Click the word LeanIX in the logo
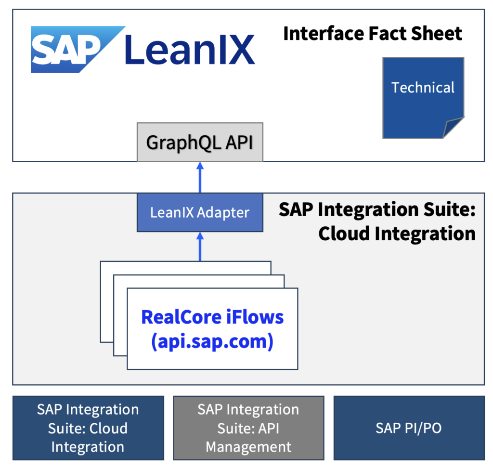189,50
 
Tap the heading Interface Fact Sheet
372,34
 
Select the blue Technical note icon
423,96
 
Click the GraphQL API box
200,143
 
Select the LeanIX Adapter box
200,212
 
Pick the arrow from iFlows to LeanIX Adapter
200,247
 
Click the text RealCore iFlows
212,317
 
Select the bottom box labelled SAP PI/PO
409,428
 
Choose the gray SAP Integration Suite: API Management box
248,428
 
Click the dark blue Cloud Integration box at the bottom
88,428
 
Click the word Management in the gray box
248,446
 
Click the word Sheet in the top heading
437,34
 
